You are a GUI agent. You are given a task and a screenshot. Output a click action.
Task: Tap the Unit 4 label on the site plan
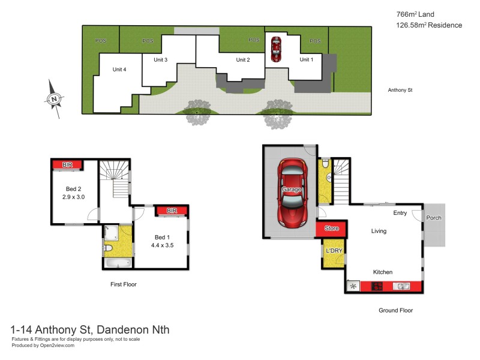pyautogui.click(x=119, y=70)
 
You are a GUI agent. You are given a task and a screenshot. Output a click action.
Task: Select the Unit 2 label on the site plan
pyautogui.click(x=242, y=60)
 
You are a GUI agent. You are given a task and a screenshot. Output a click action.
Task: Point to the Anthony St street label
pyautogui.click(x=401, y=90)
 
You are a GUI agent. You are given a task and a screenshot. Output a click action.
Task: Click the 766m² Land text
pyautogui.click(x=415, y=14)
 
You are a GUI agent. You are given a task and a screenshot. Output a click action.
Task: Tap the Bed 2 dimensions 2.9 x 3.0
pyautogui.click(x=73, y=196)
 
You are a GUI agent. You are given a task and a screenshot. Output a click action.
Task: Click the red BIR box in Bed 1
pyautogui.click(x=172, y=211)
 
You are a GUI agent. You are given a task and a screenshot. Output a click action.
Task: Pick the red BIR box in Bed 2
pyautogui.click(x=67, y=164)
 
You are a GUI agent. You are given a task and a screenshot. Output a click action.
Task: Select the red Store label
pyautogui.click(x=331, y=229)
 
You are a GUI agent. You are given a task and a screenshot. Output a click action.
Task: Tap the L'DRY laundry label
pyautogui.click(x=333, y=250)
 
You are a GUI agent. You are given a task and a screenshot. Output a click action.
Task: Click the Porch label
pyautogui.click(x=434, y=218)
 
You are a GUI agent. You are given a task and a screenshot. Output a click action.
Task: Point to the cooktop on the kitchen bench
pyautogui.click(x=378, y=287)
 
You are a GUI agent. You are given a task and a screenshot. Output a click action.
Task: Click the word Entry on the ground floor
pyautogui.click(x=400, y=213)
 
